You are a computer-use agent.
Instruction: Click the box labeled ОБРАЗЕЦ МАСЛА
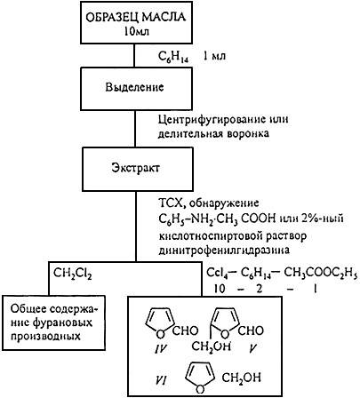pos(136,23)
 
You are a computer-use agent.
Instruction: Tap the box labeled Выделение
pos(136,89)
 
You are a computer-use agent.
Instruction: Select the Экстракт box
pos(138,169)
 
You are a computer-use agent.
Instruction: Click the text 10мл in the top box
pos(137,31)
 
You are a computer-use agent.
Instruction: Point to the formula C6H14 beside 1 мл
pos(173,56)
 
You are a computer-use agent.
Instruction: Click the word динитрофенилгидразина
pos(224,251)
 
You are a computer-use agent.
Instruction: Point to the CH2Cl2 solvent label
pos(73,273)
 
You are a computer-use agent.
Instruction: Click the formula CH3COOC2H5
pos(321,273)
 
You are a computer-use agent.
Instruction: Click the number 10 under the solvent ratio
pos(220,289)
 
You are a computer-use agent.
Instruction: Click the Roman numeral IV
pos(161,349)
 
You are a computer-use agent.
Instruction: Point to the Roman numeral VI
pos(161,380)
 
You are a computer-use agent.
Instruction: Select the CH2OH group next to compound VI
pos(242,378)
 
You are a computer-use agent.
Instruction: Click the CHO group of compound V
pos(251,330)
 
